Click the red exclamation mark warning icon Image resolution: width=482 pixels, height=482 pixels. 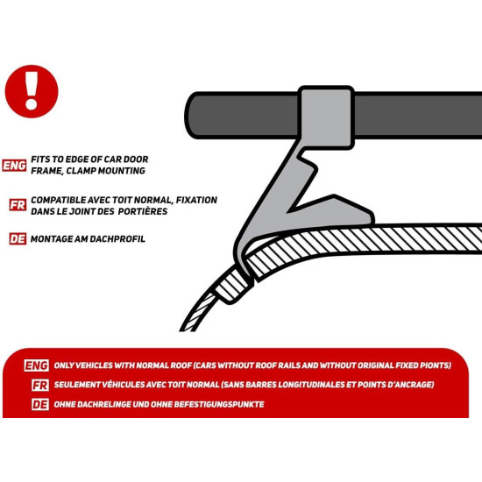coord(32,91)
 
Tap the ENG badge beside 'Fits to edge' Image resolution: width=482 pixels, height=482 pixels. coord(14,166)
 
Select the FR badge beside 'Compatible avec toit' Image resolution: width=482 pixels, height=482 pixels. coord(18,205)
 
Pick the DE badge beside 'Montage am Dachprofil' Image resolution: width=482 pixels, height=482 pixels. coord(18,239)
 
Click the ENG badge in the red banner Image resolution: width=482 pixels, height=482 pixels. coord(36,365)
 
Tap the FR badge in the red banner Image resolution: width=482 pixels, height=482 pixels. coord(40,385)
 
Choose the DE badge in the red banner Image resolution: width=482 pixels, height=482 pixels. coord(40,405)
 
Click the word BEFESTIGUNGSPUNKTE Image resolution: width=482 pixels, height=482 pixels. coord(219,405)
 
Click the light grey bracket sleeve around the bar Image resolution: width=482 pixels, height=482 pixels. coord(326,117)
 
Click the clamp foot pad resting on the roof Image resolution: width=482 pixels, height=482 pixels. coord(353,216)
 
